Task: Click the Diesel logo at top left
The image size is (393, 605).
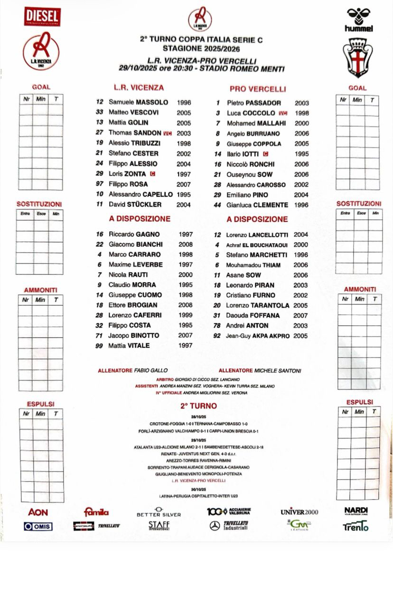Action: coord(42,17)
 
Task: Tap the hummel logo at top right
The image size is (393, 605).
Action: coord(358,19)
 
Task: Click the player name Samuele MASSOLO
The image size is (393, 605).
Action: coord(138,102)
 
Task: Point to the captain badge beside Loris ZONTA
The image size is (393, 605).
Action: coord(152,174)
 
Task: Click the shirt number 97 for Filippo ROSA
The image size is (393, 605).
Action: coord(99,184)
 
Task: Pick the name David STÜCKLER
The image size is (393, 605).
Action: coord(135,204)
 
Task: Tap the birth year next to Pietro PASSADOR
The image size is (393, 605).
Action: coord(301,103)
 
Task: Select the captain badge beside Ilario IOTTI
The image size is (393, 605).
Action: coord(266,154)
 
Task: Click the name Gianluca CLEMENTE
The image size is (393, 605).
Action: coord(257,205)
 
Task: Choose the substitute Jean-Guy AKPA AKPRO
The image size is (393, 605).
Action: coord(258,335)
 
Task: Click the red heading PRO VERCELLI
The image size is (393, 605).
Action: coord(258,89)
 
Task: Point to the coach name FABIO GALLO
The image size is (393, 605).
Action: coord(151,370)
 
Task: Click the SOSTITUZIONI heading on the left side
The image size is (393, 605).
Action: coord(39,204)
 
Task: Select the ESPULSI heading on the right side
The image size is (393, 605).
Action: coord(359,402)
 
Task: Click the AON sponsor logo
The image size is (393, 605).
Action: coord(38,512)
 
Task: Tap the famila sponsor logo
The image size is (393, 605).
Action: coord(96,512)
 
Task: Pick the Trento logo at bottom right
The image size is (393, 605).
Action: coord(356,526)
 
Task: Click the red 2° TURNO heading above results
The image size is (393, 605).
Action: coord(198,406)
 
